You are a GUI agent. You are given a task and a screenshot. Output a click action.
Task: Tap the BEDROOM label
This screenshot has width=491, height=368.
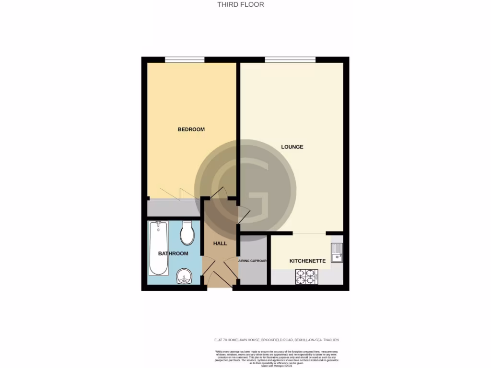tap(191, 129)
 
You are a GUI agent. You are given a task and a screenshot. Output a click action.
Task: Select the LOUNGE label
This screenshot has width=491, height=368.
tap(292, 147)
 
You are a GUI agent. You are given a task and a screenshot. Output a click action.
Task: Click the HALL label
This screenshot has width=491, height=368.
tap(220, 243)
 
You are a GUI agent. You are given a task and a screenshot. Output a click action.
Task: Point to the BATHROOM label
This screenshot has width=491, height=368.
tap(173, 253)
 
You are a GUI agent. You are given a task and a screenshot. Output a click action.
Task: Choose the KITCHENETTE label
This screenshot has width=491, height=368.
tap(307, 261)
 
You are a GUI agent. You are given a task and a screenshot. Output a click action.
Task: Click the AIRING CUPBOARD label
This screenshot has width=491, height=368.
tap(253, 261)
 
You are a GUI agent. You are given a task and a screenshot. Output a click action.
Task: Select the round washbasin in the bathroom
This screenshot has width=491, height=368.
tap(184, 276)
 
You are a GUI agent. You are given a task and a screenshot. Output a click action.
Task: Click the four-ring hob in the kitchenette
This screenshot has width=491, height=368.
tap(306, 277)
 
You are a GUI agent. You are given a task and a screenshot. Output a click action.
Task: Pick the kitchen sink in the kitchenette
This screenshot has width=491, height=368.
tap(337, 253)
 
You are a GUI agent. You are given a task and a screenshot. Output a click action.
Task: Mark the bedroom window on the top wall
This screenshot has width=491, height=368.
tap(185, 60)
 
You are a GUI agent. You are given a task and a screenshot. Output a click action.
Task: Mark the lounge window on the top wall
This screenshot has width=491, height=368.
tap(290, 60)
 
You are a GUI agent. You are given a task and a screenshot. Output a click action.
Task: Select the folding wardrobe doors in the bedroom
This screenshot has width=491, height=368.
tap(173, 194)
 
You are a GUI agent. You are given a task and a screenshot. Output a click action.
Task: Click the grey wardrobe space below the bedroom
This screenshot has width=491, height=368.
tap(172, 208)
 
